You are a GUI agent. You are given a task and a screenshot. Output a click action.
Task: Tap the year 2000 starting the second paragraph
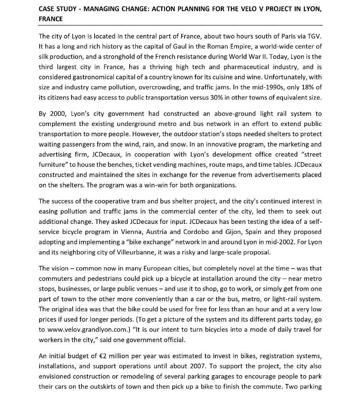55,114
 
